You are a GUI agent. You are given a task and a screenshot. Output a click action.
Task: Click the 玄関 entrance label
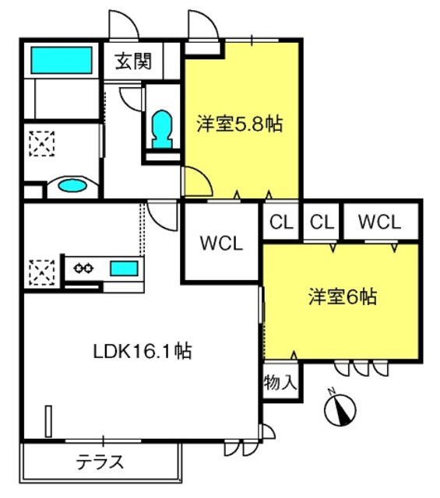(133, 61)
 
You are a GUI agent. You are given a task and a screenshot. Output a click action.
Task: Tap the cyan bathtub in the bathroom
(62, 60)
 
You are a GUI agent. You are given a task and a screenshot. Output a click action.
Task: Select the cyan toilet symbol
(163, 130)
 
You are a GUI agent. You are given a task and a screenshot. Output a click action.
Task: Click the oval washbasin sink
(72, 185)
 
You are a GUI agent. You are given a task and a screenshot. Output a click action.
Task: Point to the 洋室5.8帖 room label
(240, 124)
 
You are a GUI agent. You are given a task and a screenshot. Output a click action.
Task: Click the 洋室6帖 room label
(343, 296)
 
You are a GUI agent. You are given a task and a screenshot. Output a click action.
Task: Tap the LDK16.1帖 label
(143, 351)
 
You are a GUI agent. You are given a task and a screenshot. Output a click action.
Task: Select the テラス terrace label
(100, 462)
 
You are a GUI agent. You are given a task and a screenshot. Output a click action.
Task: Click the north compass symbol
(340, 409)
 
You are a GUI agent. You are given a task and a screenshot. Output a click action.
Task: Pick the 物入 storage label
(280, 381)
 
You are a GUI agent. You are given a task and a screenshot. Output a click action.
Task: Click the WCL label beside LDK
(221, 244)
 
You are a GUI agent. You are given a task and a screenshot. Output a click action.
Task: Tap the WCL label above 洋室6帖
(379, 222)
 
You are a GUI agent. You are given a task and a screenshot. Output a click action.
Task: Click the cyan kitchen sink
(124, 268)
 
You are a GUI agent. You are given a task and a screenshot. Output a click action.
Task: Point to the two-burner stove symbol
(83, 268)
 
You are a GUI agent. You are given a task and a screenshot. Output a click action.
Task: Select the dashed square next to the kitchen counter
(42, 272)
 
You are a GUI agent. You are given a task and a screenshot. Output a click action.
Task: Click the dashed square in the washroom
(42, 143)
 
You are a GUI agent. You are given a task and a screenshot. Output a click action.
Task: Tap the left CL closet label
(281, 222)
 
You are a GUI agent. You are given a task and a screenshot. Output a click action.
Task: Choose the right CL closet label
(322, 222)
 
